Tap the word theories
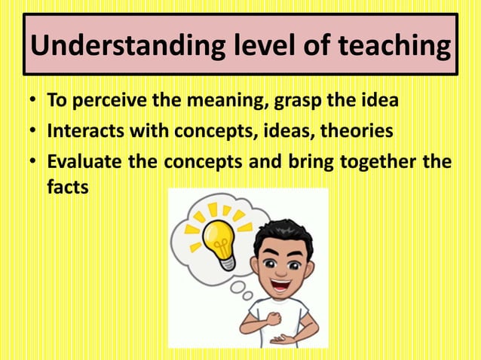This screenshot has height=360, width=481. (x=357, y=131)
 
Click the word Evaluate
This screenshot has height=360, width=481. (x=83, y=162)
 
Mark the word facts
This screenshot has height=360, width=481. (x=67, y=187)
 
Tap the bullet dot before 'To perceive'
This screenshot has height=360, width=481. (x=33, y=102)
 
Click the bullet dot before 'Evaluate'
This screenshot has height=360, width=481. (x=33, y=163)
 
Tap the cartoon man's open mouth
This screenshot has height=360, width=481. (x=280, y=285)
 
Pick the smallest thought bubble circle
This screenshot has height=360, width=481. (x=246, y=295)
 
